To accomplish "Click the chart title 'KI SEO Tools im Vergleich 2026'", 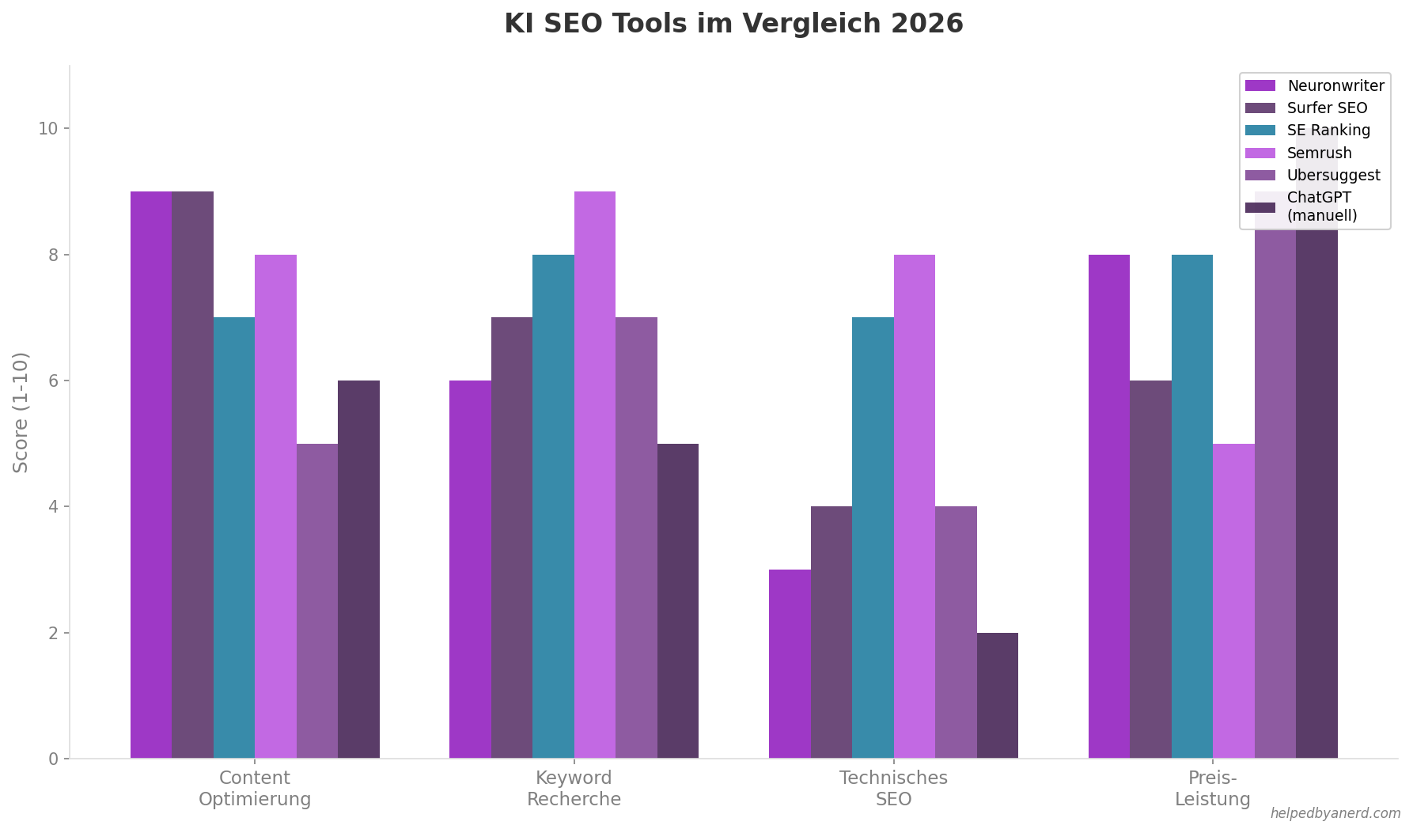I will [733, 24].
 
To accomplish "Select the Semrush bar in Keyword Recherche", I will [594, 475].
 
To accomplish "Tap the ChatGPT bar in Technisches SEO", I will [997, 695].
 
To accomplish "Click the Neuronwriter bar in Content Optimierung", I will [151, 475].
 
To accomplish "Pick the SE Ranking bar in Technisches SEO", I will [873, 538].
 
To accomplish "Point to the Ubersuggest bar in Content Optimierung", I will [317, 601].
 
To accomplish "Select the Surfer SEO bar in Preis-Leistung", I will [1150, 570].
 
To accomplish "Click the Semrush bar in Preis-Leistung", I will [1233, 601].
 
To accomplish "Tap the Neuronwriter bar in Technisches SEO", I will [790, 664].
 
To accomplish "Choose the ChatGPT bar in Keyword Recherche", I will [678, 601].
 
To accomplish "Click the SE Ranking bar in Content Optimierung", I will [234, 538].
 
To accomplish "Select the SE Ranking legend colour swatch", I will [1260, 131].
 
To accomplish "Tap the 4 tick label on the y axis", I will [53, 506].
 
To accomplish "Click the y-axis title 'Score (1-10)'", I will [21, 412].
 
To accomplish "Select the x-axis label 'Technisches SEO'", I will [893, 788].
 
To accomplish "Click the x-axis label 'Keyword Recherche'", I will [574, 788].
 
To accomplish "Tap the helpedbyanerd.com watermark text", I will [1335, 813].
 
